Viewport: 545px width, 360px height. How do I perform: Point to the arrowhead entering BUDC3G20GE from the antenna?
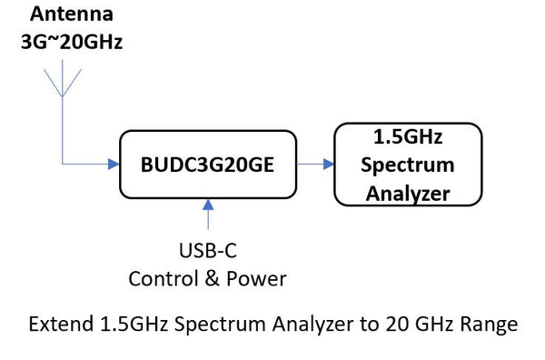coord(114,165)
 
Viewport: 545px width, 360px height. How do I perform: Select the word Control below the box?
coord(160,278)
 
